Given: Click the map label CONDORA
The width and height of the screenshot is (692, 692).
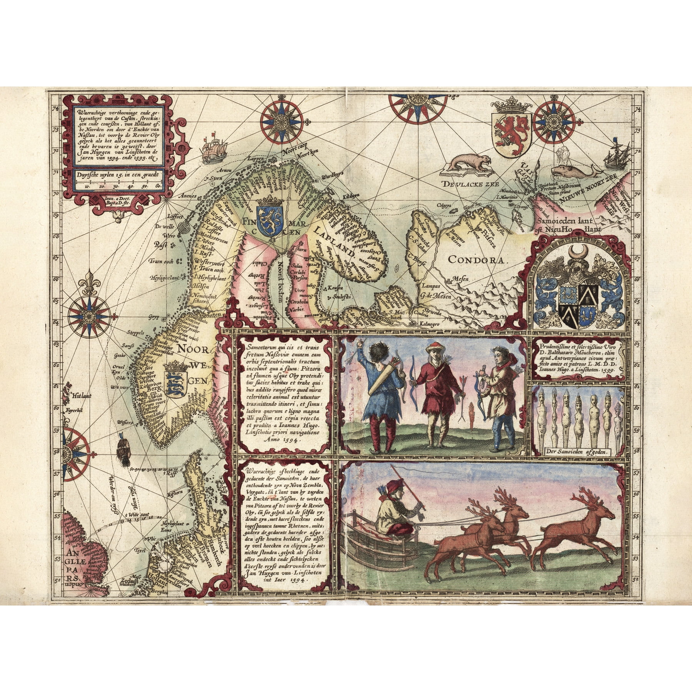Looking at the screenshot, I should pos(476,259).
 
